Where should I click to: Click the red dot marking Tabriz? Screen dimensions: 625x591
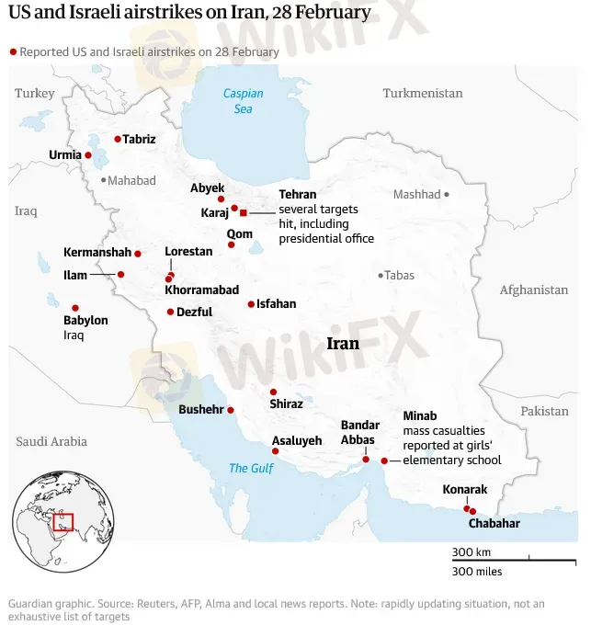pos(118,139)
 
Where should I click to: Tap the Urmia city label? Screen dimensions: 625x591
pos(65,154)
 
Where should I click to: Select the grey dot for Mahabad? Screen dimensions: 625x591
pos(104,180)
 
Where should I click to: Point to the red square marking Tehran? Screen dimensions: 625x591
pos(244,212)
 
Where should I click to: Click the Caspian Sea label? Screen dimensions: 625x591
pos(243,101)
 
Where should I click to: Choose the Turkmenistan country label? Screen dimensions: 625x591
pos(423,93)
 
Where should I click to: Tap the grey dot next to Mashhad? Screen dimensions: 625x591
pos(447,194)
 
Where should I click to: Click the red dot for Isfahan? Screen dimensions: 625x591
pos(251,304)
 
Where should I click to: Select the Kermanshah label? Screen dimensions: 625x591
pos(97,252)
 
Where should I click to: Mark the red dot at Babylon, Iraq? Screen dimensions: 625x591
pos(75,308)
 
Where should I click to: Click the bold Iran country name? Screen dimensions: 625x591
pos(343,344)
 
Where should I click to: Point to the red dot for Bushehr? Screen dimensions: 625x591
pos(231,410)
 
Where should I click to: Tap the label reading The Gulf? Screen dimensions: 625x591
pos(251,468)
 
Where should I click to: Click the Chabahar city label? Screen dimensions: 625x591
pos(494,523)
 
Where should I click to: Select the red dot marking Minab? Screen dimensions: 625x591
pos(384,460)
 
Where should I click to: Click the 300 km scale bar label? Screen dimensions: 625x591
pos(471,551)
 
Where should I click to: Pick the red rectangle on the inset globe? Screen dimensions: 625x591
pos(63,522)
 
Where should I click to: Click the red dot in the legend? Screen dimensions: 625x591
pos(13,51)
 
